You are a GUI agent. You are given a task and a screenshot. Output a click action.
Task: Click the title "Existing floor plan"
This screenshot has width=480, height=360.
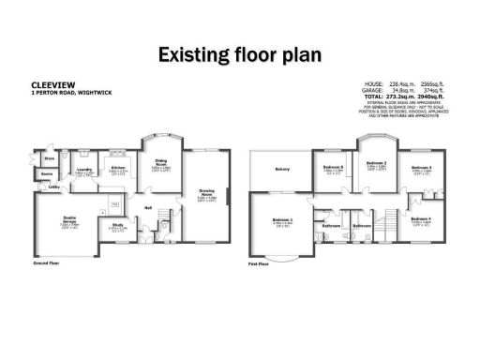pyautogui.click(x=239, y=54)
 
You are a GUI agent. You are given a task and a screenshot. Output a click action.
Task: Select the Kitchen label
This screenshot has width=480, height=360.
pyautogui.click(x=118, y=168)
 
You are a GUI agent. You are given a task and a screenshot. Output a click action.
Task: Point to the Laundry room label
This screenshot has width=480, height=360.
pyautogui.click(x=83, y=170)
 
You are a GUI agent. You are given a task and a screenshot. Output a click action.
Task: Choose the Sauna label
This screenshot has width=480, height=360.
pyautogui.click(x=47, y=174)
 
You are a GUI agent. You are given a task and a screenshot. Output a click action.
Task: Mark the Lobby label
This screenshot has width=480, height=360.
pyautogui.click(x=53, y=188)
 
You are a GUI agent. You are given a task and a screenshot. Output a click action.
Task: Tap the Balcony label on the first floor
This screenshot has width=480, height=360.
pyautogui.click(x=283, y=169)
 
